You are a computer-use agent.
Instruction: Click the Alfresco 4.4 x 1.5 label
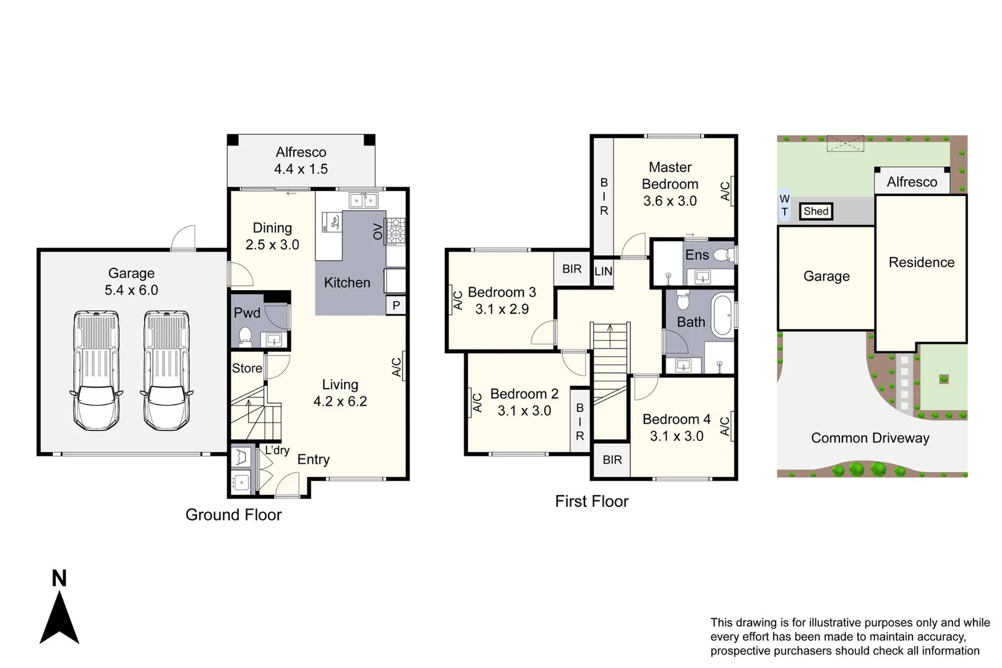tap(301, 160)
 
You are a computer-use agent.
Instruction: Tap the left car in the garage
tap(96, 370)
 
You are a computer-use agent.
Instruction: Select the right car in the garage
tap(166, 370)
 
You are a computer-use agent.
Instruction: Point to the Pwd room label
tap(247, 312)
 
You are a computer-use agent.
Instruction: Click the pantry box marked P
tap(396, 305)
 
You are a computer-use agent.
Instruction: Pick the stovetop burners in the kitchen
tap(395, 231)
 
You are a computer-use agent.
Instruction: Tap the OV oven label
tap(378, 231)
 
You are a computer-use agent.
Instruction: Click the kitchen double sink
tap(363, 200)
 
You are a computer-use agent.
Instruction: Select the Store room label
tap(247, 368)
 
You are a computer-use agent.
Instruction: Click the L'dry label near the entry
tap(277, 450)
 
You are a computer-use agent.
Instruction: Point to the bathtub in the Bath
tap(722, 315)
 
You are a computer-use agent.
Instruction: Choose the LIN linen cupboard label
tap(604, 271)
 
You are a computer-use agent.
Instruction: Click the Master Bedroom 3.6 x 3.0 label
tap(670, 184)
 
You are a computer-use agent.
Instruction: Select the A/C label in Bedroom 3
tap(458, 301)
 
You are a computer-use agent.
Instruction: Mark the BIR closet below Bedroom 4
tap(612, 460)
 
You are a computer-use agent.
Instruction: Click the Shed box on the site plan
tap(816, 211)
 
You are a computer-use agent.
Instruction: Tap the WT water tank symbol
tap(785, 205)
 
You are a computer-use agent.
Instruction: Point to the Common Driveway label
tap(870, 437)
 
